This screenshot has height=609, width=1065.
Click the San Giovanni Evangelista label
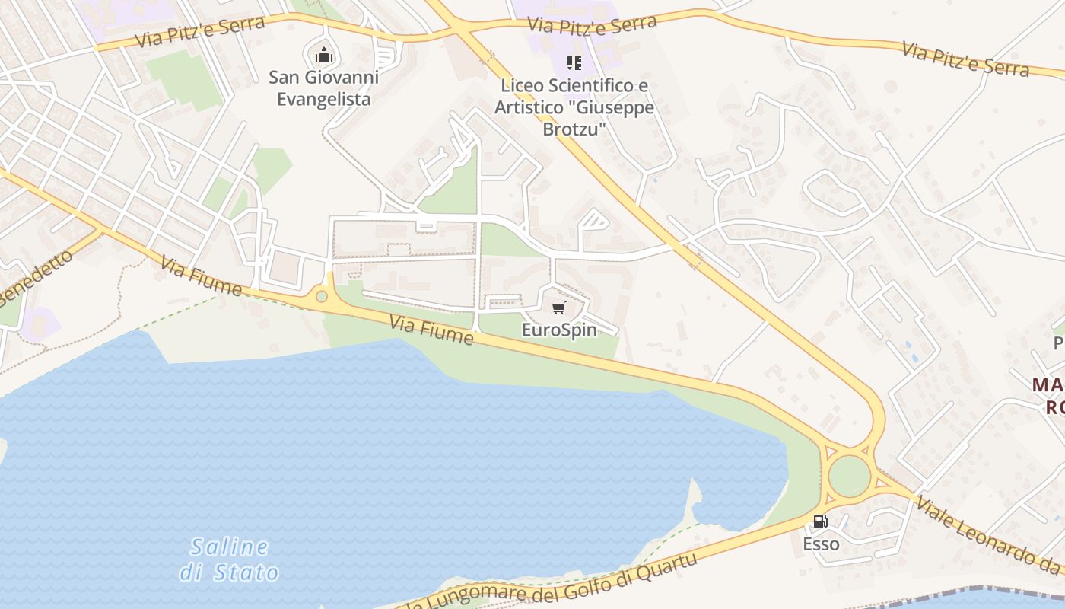(x=323, y=88)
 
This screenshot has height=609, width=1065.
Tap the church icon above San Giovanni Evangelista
(x=324, y=55)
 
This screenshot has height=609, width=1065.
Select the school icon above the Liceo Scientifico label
(x=574, y=62)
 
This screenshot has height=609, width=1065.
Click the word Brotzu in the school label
(x=574, y=129)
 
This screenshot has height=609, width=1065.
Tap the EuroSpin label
(x=559, y=330)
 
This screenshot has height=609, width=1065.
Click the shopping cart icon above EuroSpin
(x=559, y=308)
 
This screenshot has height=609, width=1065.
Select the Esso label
(x=822, y=544)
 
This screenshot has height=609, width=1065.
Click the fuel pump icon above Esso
(x=820, y=521)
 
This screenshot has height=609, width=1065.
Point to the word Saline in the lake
(x=229, y=547)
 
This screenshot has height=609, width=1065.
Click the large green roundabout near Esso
(x=849, y=477)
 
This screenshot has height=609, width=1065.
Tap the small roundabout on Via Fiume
(x=322, y=296)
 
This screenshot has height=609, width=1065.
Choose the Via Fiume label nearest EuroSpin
(x=431, y=330)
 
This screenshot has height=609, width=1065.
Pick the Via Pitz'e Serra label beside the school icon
(x=593, y=24)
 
